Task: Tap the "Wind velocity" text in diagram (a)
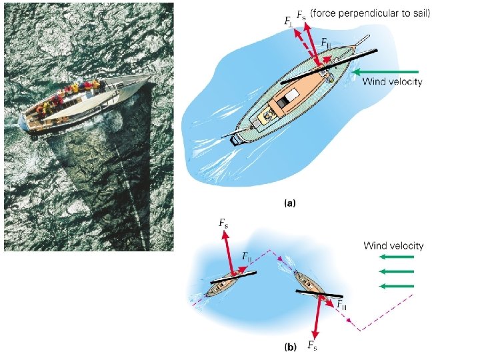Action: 392,82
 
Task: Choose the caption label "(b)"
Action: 291,347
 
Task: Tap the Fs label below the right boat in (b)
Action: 311,345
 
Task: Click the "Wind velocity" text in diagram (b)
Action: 393,245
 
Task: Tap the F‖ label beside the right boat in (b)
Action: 341,305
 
